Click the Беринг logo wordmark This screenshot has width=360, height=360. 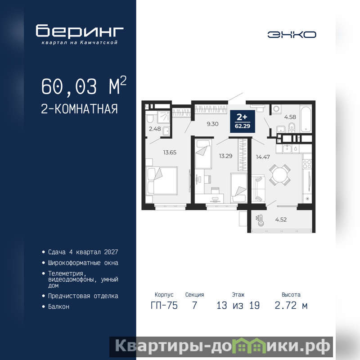click(80, 31)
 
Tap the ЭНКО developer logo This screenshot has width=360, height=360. click(292, 35)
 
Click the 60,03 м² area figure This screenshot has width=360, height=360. click(84, 86)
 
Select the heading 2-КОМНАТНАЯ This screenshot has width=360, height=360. click(79, 109)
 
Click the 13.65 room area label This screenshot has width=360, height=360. click(170, 153)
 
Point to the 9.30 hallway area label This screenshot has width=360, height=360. click(212, 124)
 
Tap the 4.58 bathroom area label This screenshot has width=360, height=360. click(290, 117)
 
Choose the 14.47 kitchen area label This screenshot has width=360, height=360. click(263, 157)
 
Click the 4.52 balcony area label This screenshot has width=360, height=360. click(281, 220)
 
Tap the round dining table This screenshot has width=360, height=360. click(280, 175)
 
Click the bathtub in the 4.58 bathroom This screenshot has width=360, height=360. click(306, 118)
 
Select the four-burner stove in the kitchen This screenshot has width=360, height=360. click(307, 165)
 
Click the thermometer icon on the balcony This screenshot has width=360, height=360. click(260, 220)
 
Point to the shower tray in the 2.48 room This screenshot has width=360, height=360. click(163, 117)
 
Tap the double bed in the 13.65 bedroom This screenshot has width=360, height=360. click(162, 181)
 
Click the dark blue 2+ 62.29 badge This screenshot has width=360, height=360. click(243, 121)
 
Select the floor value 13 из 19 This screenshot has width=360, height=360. click(238, 306)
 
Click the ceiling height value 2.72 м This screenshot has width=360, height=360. click(291, 306)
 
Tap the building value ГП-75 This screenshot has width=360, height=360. click(164, 306)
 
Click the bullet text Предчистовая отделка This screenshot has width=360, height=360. click(83, 296)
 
